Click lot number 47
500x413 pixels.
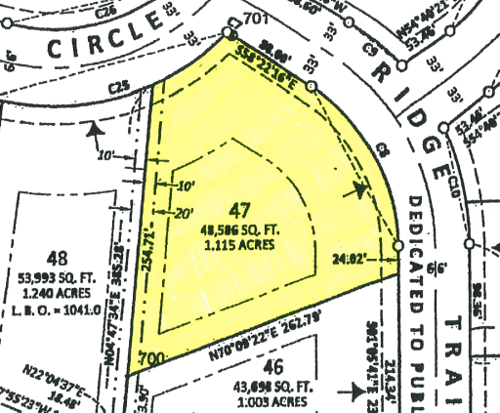pos(241,210)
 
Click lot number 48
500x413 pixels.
pos(58,260)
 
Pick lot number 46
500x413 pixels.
pos(272,367)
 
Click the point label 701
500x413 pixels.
pos(256,19)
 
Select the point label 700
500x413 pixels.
pos(149,359)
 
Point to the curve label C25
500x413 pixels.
pos(119,87)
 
